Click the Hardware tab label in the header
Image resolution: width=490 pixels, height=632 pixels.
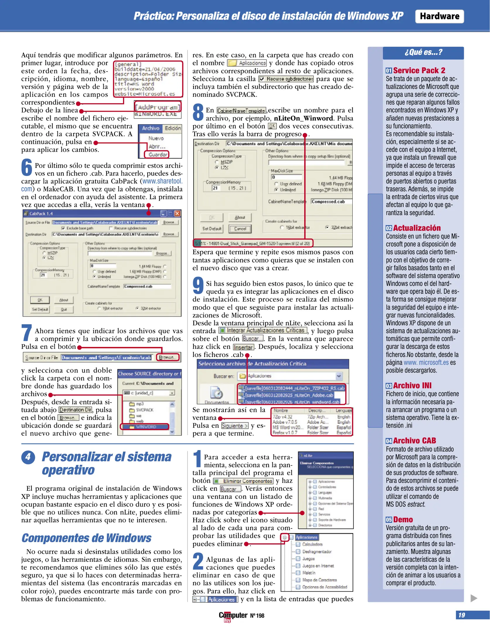click(439, 16)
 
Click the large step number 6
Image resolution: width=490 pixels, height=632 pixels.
click(27, 168)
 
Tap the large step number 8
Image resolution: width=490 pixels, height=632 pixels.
click(198, 112)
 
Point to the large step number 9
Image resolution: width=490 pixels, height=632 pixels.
click(198, 286)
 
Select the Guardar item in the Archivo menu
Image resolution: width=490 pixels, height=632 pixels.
click(158, 154)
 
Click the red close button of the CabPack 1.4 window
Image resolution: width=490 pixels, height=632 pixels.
click(177, 213)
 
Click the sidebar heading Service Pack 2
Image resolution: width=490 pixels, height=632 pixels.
click(419, 71)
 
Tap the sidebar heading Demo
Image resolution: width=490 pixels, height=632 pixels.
click(403, 519)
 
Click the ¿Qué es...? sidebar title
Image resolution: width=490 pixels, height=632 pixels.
click(423, 52)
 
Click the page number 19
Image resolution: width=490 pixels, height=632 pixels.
click(462, 615)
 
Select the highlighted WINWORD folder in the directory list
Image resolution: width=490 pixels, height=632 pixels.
click(146, 427)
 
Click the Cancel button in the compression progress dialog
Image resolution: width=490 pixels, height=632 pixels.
click(240, 229)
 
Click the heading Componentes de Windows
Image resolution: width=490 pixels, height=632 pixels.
click(86, 538)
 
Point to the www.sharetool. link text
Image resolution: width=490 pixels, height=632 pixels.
click(162, 181)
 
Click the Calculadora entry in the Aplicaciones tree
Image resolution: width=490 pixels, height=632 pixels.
click(312, 544)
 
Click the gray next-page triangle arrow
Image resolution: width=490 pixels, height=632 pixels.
click(474, 598)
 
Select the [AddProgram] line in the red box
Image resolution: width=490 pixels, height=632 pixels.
click(157, 107)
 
